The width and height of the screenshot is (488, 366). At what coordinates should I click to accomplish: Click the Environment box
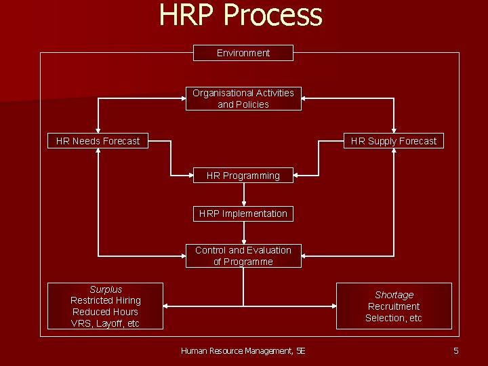(x=243, y=53)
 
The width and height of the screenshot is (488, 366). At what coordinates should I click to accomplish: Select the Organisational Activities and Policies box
(x=243, y=99)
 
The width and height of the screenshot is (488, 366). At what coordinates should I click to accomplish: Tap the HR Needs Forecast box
(x=98, y=141)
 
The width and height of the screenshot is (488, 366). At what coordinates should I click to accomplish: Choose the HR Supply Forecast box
(x=394, y=141)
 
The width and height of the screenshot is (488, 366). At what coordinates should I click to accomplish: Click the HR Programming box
(x=243, y=176)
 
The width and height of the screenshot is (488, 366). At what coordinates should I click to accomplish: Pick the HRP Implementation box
(x=243, y=213)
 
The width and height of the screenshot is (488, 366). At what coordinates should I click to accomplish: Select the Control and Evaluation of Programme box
(x=243, y=256)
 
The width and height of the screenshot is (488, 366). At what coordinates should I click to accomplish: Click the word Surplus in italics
(x=106, y=289)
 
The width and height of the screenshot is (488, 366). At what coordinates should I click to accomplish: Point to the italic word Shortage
(x=394, y=295)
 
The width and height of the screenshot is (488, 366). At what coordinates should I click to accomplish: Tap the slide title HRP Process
(x=241, y=15)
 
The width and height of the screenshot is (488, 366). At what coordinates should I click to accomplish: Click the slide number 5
(x=456, y=350)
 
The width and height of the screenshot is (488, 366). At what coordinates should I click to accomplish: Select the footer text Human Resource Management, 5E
(x=243, y=350)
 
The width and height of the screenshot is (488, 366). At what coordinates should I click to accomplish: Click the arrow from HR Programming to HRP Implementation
(x=243, y=195)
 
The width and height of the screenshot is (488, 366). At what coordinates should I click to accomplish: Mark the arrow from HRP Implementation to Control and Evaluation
(x=243, y=232)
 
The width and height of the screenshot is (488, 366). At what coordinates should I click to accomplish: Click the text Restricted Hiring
(x=106, y=300)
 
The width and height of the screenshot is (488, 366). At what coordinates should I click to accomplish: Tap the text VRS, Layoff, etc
(x=106, y=323)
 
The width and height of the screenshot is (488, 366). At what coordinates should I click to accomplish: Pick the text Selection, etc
(x=394, y=318)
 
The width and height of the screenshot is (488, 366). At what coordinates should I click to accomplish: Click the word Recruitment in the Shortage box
(x=394, y=306)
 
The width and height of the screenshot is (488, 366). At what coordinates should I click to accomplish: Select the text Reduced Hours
(x=106, y=312)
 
